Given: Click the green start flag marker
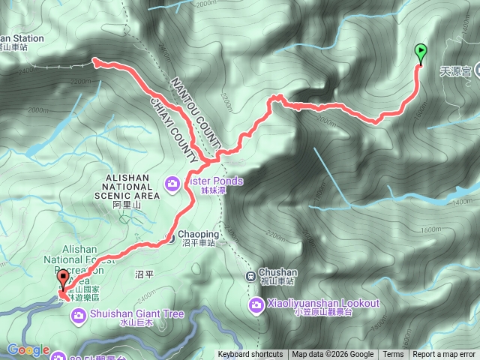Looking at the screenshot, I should pyautogui.click(x=420, y=52).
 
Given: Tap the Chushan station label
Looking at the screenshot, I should pyautogui.click(x=278, y=273).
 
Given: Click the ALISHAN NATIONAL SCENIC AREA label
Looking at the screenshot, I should pyautogui.click(x=131, y=187).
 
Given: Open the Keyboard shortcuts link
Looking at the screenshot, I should pyautogui.click(x=250, y=355).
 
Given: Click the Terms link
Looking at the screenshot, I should pyautogui.click(x=393, y=355).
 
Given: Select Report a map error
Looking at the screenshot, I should pyautogui.click(x=445, y=355).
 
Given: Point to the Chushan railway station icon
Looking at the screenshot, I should pyautogui.click(x=252, y=275).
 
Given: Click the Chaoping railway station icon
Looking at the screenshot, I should pyautogui.click(x=172, y=239).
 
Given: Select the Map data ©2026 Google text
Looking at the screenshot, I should pyautogui.click(x=333, y=355).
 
